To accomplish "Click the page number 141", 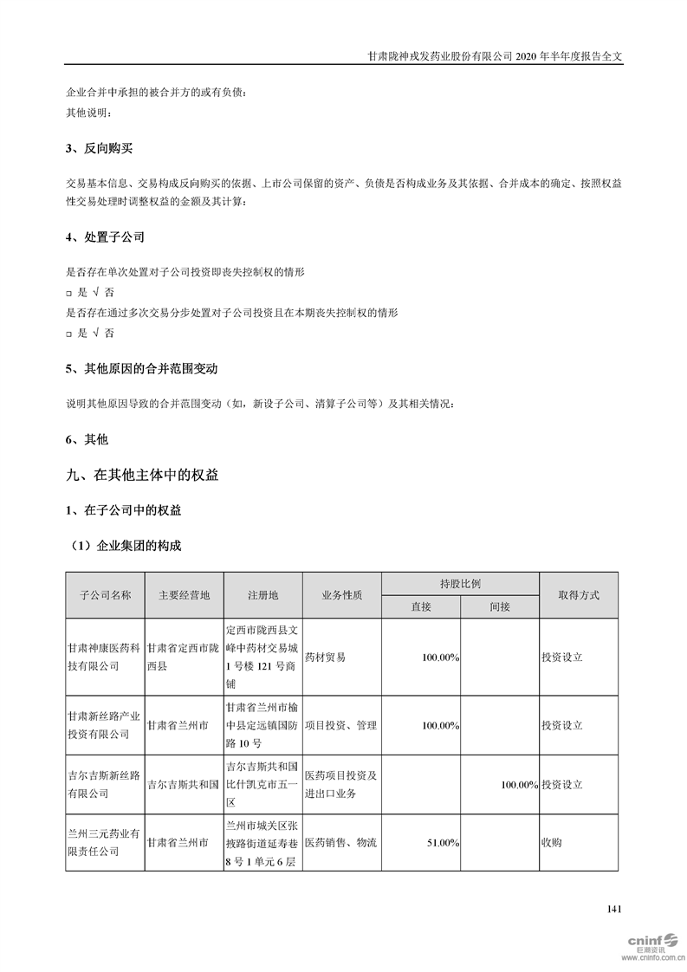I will pyautogui.click(x=614, y=909).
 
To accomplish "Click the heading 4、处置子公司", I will pyautogui.click(x=105, y=237).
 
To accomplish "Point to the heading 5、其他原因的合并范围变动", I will pyautogui.click(x=141, y=368).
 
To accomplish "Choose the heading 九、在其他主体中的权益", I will pyautogui.click(x=142, y=475).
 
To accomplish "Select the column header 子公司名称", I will pyautogui.click(x=105, y=596).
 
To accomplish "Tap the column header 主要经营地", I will pyautogui.click(x=184, y=596).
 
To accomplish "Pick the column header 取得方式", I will pyautogui.click(x=578, y=596).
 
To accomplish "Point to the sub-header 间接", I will pyautogui.click(x=499, y=607).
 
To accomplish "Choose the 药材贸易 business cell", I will pyautogui.click(x=325, y=658).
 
